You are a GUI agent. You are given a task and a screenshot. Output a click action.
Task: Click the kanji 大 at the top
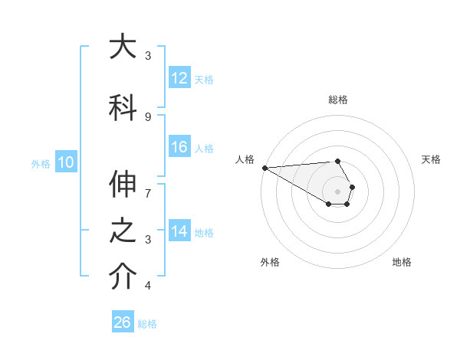tap(123, 48)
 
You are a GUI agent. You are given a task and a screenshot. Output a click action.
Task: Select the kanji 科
tap(123, 107)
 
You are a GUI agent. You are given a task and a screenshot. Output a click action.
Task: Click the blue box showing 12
tap(179, 79)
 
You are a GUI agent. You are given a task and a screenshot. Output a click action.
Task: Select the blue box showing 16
tap(179, 148)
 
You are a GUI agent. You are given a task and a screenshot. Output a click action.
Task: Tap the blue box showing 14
tap(179, 232)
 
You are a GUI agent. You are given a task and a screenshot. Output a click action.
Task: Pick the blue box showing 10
tap(65, 162)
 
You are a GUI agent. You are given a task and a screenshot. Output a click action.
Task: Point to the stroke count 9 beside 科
tap(148, 116)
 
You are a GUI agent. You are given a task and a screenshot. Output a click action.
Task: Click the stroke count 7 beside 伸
tap(148, 185)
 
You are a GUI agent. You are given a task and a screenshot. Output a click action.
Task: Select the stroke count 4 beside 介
tap(148, 286)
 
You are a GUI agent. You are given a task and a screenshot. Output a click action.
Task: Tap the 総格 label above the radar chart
tap(337, 100)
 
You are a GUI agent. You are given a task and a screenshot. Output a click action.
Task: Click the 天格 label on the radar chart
tap(431, 159)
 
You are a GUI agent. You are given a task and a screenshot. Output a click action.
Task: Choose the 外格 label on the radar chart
tap(270, 262)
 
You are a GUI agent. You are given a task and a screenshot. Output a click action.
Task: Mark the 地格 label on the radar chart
tap(402, 262)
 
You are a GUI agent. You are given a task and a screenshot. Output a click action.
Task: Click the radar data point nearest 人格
tap(264, 168)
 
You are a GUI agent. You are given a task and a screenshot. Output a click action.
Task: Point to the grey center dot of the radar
tap(337, 191)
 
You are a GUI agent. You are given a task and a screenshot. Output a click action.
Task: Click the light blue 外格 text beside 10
tap(41, 163)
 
